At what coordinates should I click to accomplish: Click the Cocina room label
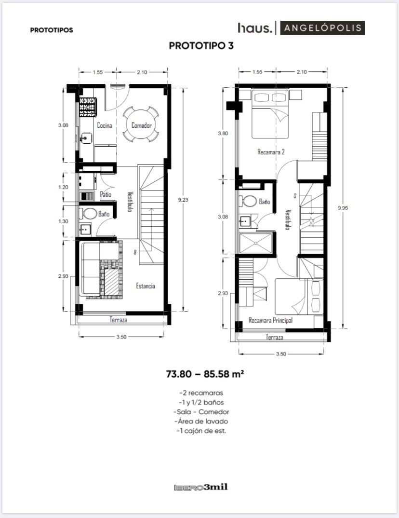click(x=104, y=125)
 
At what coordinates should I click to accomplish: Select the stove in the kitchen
click(x=88, y=107)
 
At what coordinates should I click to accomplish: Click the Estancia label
click(x=146, y=286)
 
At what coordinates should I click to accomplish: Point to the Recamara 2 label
click(x=271, y=152)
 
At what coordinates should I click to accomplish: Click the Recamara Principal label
click(x=271, y=320)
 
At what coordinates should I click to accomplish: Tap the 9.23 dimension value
click(x=183, y=200)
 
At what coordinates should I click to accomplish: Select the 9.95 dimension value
click(x=343, y=208)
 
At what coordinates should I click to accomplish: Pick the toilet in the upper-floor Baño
click(x=249, y=201)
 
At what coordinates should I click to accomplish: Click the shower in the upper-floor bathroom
click(x=256, y=243)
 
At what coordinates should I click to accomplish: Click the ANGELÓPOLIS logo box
click(x=322, y=28)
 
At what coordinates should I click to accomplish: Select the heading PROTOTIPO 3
click(x=201, y=46)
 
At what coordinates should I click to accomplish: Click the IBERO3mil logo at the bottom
click(x=200, y=487)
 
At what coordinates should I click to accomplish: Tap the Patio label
click(x=106, y=194)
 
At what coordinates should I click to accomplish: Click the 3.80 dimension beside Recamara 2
click(x=223, y=134)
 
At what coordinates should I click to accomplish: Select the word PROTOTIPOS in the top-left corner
click(x=52, y=30)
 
